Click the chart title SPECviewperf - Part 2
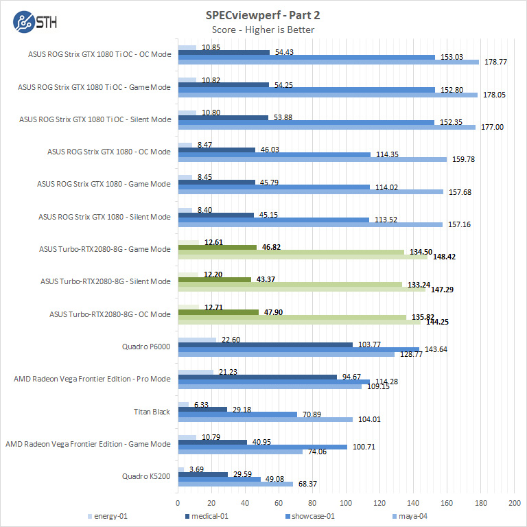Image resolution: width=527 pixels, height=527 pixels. pyautogui.click(x=263, y=14)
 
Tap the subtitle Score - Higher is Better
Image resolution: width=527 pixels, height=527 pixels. pyautogui.click(x=263, y=29)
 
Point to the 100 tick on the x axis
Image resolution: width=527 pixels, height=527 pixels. pyautogui.click(x=346, y=503)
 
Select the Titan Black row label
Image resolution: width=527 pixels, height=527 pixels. pyautogui.click(x=152, y=411)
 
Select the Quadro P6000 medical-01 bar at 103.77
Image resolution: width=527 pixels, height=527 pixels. pyautogui.click(x=265, y=344)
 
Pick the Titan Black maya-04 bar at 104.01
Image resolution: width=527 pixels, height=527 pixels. pyautogui.click(x=265, y=419)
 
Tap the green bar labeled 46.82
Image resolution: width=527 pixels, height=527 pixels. pyautogui.click(x=217, y=246)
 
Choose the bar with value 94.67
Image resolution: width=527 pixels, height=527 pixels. pyautogui.click(x=257, y=376)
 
